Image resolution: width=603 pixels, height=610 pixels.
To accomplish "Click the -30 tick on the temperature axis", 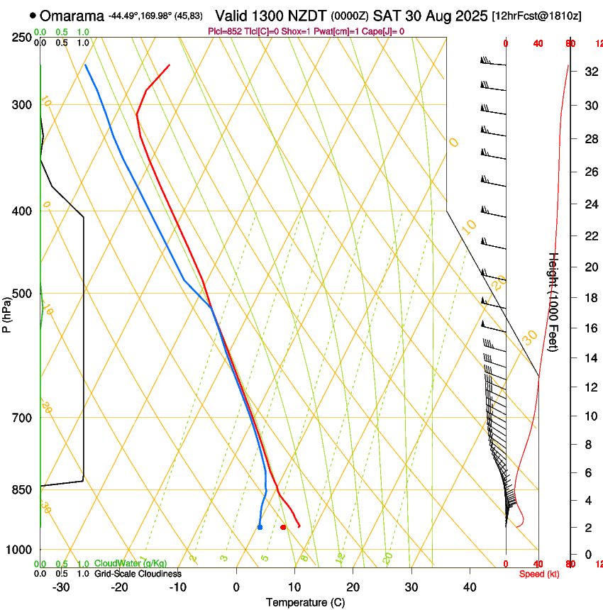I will [62, 587].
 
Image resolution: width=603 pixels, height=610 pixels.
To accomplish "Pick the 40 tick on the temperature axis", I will [470, 587].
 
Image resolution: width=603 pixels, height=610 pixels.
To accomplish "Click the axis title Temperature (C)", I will [305, 602].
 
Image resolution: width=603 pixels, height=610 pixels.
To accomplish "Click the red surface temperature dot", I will [283, 527].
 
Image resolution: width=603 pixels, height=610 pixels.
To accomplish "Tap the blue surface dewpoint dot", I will [260, 527].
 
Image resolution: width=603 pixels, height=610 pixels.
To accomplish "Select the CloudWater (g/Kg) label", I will [131, 564].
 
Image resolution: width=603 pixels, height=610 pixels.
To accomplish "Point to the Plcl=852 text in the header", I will [226, 31].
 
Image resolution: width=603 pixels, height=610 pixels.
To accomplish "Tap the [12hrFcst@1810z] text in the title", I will [536, 16].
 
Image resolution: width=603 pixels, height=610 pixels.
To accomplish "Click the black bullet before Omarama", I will [33, 16].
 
